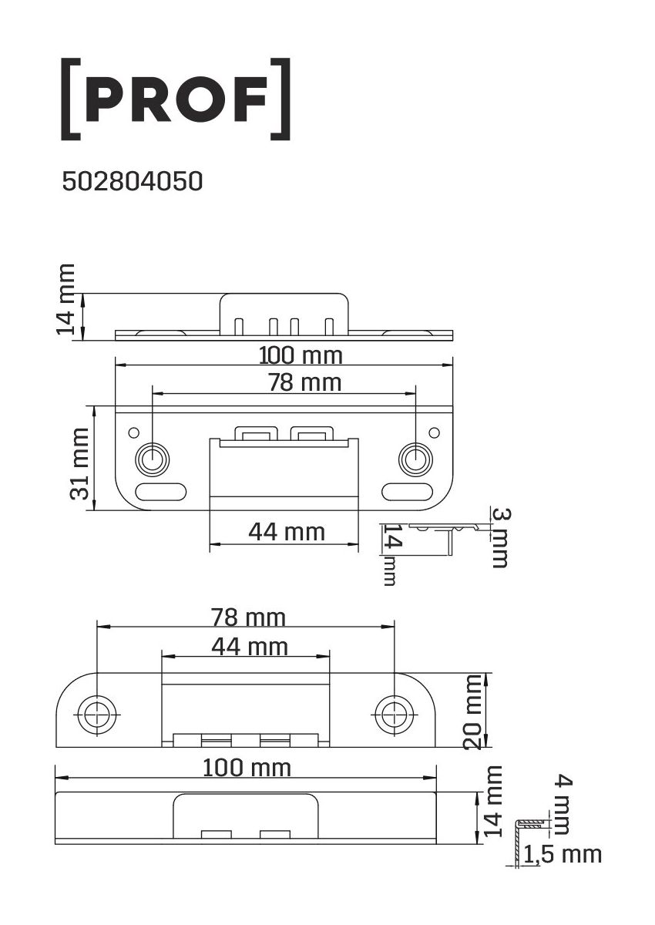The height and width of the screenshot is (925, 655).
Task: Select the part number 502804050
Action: point(132,181)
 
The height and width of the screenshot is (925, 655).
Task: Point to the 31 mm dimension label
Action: point(79,464)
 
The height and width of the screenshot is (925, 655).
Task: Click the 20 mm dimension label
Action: point(472,712)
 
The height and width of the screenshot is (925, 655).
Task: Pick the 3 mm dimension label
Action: point(501,538)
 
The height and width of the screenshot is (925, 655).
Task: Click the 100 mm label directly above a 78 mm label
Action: point(301,355)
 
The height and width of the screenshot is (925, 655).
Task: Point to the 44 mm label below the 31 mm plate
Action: point(287,532)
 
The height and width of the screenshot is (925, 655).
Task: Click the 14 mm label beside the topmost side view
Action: point(65,299)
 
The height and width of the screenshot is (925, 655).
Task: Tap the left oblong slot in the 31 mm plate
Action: point(161,492)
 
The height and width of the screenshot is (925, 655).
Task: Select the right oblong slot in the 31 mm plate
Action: point(408,492)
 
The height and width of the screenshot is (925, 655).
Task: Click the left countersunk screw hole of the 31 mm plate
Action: point(153,459)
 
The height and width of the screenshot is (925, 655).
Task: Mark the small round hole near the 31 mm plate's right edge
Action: point(434,432)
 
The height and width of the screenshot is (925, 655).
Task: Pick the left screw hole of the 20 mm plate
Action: point(96,715)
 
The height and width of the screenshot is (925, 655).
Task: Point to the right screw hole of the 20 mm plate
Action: point(394,715)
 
